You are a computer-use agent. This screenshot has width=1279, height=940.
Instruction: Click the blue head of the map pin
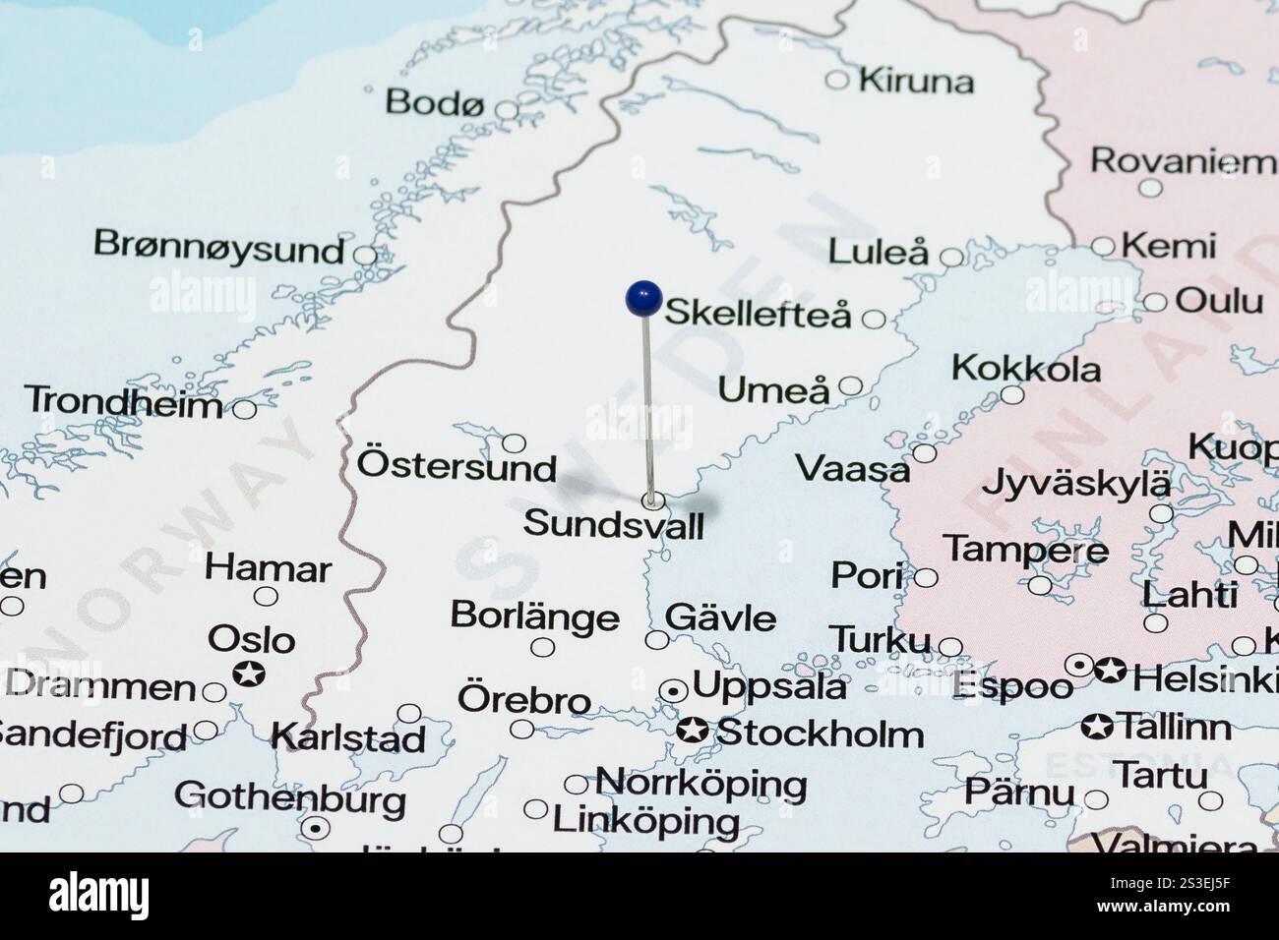coord(642,298)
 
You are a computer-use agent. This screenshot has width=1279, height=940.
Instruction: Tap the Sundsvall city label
coord(613,524)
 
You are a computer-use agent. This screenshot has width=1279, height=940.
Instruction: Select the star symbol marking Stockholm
coord(692,731)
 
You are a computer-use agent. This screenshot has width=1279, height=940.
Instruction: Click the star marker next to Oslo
coord(250,675)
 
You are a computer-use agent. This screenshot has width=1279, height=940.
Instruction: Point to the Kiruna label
coord(916,81)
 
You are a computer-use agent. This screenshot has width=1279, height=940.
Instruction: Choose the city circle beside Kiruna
coord(836,80)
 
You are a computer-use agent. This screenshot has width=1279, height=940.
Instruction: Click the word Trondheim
coord(123,401)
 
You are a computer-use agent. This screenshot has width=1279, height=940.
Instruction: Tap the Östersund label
coord(457,465)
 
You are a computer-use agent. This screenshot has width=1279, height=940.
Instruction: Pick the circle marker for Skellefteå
coord(873,319)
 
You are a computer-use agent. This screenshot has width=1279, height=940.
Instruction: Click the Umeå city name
coord(773,390)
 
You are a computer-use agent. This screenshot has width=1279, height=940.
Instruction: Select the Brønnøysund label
coord(218,246)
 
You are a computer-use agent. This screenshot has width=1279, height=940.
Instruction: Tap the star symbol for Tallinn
coord(1096,728)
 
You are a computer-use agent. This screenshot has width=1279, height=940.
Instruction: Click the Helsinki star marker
coord(1111,672)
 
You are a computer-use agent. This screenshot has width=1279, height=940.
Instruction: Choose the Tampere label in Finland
coord(1025,550)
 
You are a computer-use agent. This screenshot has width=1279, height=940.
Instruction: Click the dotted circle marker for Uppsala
coord(673,691)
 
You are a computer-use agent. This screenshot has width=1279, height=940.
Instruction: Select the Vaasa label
coord(852,469)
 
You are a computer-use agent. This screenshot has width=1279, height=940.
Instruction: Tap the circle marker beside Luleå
coord(951,258)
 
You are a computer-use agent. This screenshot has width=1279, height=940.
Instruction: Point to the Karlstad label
coord(347,736)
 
